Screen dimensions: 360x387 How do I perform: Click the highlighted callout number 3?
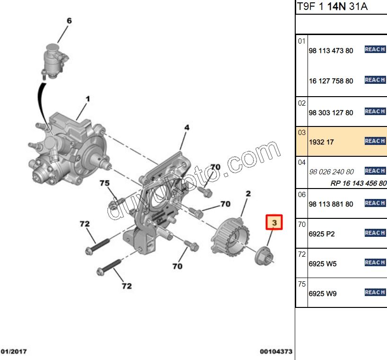[x=274, y=222]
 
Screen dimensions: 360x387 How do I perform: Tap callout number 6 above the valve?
[x=69, y=21]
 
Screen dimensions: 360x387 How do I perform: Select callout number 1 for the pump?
[x=88, y=99]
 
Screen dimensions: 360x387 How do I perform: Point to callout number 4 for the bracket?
[x=187, y=127]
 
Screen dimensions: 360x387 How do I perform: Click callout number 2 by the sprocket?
[x=248, y=194]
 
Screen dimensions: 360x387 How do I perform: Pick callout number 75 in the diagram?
[x=104, y=183]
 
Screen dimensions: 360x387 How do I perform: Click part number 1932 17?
[x=322, y=142]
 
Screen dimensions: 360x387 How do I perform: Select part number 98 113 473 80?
[x=331, y=51]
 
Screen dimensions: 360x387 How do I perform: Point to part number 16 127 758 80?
[x=331, y=81]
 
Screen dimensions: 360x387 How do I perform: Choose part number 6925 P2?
[x=322, y=234]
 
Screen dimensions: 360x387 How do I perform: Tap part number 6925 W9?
[x=322, y=293]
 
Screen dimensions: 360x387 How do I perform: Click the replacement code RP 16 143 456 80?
[x=358, y=183]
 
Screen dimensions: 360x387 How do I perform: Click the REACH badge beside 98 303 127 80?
[x=375, y=111]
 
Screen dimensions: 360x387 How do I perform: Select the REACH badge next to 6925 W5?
[x=375, y=262]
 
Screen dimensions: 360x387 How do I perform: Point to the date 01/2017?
[x=14, y=351]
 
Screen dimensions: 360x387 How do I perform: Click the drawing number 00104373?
[x=276, y=351]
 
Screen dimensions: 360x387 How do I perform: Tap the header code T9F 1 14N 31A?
[x=332, y=7]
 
